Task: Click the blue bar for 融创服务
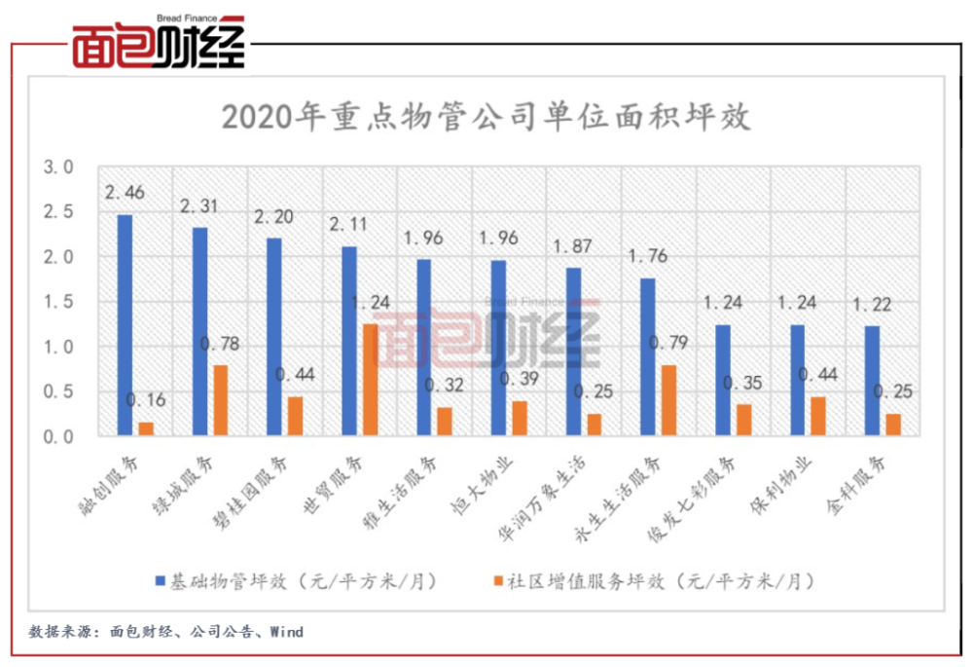125,325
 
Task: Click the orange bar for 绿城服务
221,400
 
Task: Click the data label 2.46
125,193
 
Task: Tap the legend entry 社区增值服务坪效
652,581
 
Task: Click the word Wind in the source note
286,632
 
